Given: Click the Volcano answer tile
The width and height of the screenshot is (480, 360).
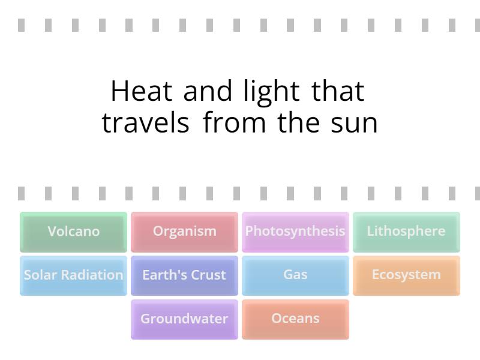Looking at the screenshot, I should click(73, 232).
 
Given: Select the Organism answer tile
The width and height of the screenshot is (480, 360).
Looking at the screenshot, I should click(184, 232).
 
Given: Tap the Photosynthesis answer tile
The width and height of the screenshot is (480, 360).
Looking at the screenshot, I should click(295, 232).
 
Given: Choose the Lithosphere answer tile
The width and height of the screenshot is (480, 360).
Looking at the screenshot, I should click(406, 232).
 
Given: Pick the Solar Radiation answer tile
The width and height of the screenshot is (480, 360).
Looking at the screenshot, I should click(73, 275).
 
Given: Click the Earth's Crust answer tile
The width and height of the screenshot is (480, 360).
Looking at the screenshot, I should click(184, 275).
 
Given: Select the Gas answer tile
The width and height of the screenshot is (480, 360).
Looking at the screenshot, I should click(295, 275).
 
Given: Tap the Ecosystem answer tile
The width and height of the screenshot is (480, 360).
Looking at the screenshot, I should click(406, 275).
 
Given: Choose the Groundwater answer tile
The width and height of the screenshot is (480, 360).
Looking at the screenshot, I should click(184, 319).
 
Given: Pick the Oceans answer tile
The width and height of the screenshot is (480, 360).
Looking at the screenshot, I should click(295, 319).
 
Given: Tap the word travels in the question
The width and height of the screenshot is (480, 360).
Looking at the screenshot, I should click(146, 123).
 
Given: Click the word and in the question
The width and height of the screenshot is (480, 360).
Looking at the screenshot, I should click(208, 92).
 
